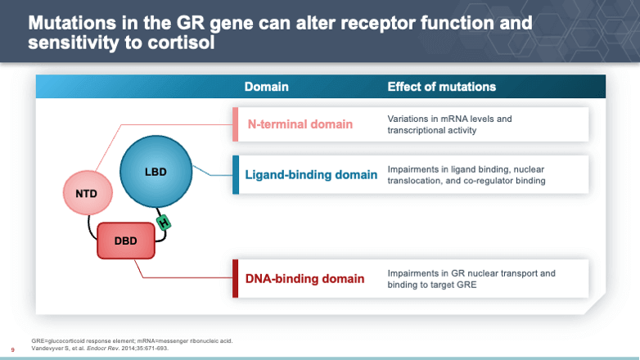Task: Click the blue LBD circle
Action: [155, 173]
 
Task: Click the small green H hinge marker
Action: [164, 222]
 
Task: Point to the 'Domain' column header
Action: [266, 87]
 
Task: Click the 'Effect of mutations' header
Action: [441, 87]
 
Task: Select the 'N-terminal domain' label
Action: [300, 124]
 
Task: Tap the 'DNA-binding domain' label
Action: [305, 279]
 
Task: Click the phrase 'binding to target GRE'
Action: [435, 285]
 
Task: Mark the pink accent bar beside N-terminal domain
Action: [236, 124]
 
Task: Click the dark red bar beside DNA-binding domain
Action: [236, 279]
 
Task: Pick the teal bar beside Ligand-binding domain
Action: [236, 174]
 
